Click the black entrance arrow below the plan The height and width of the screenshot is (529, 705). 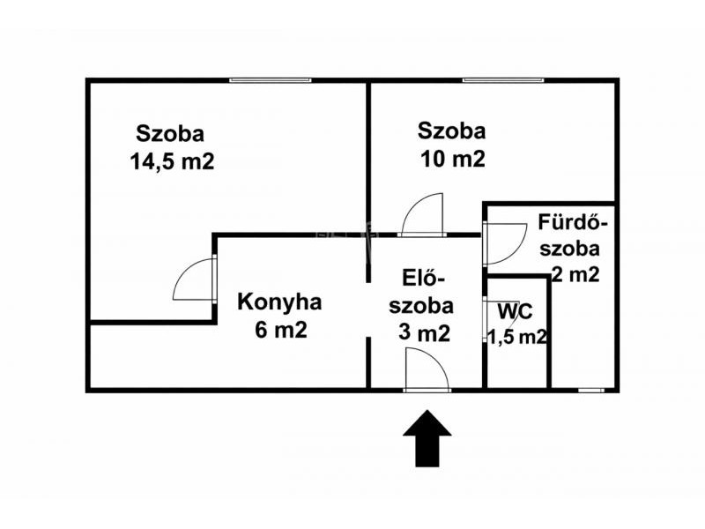tap(427, 438)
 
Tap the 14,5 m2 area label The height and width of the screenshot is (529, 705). tap(172, 161)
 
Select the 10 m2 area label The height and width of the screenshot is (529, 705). tap(453, 159)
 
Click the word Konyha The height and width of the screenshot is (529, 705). tap(279, 302)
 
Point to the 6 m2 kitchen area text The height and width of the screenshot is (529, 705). tap(281, 330)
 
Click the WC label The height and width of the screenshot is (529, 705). tap(516, 311)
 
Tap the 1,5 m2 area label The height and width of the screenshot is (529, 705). tap(517, 337)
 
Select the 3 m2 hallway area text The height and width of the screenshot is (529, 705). tap(424, 333)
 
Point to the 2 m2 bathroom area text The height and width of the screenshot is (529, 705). tap(575, 274)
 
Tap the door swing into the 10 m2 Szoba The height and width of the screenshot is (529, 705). tap(423, 214)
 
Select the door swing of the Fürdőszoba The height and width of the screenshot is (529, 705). tap(504, 243)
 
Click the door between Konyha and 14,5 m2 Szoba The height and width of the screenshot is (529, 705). tap(194, 279)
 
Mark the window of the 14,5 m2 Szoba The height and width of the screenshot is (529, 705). tap(270, 80)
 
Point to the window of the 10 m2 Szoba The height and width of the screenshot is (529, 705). tap(503, 80)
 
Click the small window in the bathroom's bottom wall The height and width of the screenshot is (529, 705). tap(591, 390)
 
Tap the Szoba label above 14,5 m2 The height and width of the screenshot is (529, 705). tap(170, 134)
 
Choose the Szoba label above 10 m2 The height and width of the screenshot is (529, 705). tap(451, 130)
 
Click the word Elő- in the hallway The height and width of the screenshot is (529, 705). tap(424, 278)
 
